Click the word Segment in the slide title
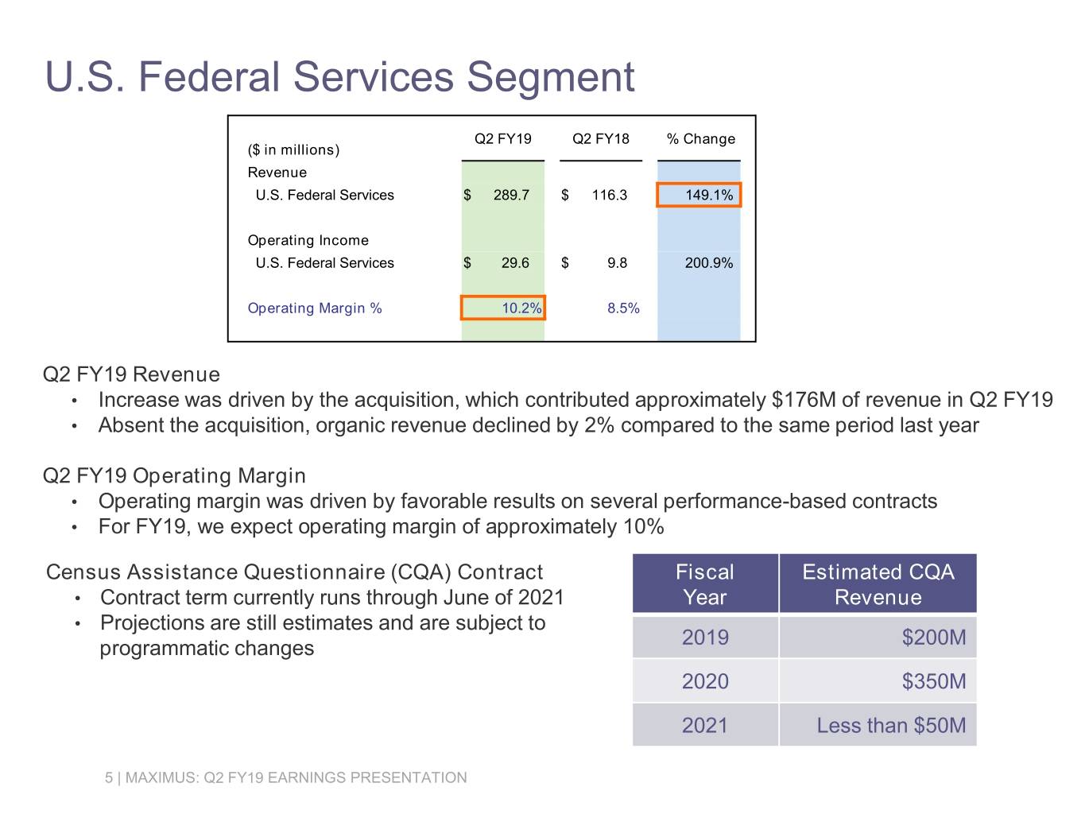tap(550, 78)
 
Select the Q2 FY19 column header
tap(502, 139)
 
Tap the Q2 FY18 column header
tap(600, 139)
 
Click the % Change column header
tap(700, 139)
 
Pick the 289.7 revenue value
tap(510, 196)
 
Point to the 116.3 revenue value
tap(609, 196)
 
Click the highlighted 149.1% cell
tap(699, 196)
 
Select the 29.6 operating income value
tap(515, 263)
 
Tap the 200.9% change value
tap(708, 263)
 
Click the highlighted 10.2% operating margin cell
tap(503, 308)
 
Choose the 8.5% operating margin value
tap(623, 308)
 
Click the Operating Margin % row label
tap(315, 308)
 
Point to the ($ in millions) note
tap(293, 149)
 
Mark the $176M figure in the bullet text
tap(804, 400)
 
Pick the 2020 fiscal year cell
tap(705, 681)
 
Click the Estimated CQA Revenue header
tap(878, 584)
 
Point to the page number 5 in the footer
tap(109, 778)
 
